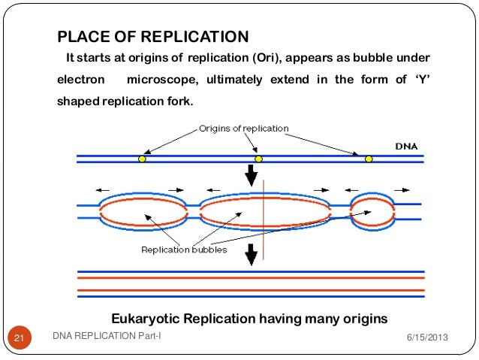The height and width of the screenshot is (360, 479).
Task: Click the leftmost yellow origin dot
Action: click(x=142, y=159)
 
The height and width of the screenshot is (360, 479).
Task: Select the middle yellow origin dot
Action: click(x=258, y=159)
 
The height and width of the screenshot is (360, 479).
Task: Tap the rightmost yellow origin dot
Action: click(x=369, y=159)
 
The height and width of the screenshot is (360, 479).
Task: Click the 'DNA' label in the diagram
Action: click(x=406, y=147)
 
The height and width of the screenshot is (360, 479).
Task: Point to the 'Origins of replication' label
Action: click(x=244, y=129)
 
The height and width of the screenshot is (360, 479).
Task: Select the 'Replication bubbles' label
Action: click(x=184, y=250)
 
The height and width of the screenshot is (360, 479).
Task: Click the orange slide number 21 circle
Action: click(x=20, y=337)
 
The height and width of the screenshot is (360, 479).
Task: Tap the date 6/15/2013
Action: click(x=427, y=337)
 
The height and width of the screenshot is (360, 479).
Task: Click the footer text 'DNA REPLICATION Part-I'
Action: click(x=107, y=336)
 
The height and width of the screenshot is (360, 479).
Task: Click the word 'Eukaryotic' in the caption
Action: click(x=145, y=319)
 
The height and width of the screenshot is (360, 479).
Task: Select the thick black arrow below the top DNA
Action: click(x=252, y=175)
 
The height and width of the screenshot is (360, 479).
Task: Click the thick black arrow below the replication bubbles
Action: click(x=252, y=255)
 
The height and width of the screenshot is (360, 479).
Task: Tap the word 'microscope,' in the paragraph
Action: click(x=162, y=80)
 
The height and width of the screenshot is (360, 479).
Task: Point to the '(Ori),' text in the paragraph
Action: click(x=267, y=58)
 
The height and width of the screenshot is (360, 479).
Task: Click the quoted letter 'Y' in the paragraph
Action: click(x=423, y=80)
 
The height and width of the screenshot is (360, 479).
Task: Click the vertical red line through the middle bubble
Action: click(x=264, y=219)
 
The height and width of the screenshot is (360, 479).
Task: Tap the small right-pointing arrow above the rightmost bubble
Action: click(x=402, y=190)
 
